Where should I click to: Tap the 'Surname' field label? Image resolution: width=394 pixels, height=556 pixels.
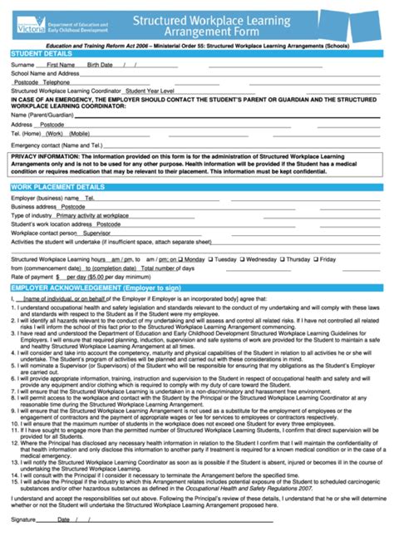coord(22,64)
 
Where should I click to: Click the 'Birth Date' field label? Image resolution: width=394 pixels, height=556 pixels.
coord(100,64)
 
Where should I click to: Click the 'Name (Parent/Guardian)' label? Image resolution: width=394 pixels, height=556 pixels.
coord(39,115)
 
